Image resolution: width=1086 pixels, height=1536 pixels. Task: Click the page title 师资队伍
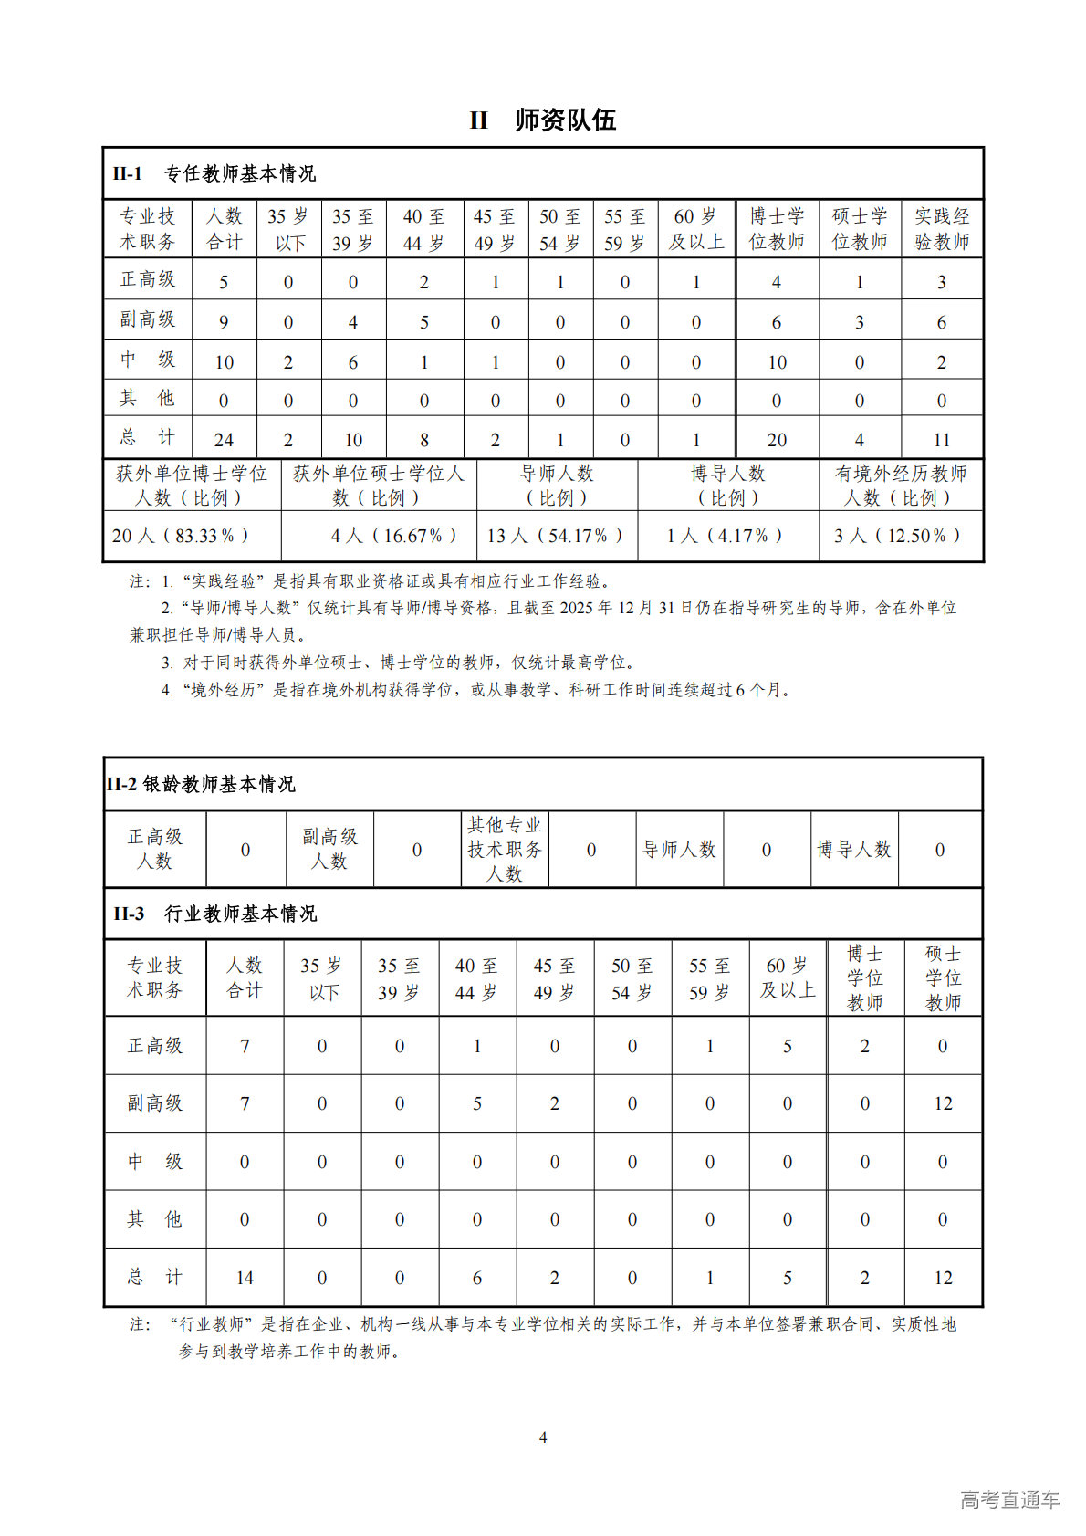[x=565, y=120]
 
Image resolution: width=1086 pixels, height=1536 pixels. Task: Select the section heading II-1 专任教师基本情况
[x=214, y=173]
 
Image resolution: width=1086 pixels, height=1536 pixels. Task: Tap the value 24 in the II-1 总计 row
[x=224, y=439]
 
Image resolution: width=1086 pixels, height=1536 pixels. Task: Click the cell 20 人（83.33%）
[x=181, y=536]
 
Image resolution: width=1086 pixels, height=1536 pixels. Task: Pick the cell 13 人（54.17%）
[x=556, y=536]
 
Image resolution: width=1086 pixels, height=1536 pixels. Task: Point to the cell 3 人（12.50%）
[x=898, y=536]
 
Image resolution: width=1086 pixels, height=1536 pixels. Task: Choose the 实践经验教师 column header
[x=942, y=229]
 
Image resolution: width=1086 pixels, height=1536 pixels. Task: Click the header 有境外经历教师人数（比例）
[x=900, y=486]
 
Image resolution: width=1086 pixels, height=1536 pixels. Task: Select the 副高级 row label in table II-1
[x=148, y=320]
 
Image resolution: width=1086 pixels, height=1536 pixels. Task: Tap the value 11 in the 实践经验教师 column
[x=941, y=439]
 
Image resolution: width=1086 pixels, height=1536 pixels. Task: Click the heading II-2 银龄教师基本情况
[x=201, y=784]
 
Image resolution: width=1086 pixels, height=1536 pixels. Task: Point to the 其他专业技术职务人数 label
[x=504, y=850]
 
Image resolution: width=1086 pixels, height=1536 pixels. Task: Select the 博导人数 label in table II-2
[x=853, y=850]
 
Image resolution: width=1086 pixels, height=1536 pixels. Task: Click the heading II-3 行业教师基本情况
[x=215, y=914]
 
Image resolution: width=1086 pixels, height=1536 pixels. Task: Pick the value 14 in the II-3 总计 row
[x=245, y=1278]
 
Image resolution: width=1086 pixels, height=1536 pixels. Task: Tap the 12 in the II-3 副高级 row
[x=943, y=1103]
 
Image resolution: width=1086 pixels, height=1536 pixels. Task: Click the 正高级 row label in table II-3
[x=155, y=1046]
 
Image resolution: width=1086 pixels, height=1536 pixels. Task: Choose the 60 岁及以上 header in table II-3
[x=788, y=978]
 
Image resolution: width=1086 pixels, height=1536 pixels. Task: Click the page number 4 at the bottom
[x=543, y=1437]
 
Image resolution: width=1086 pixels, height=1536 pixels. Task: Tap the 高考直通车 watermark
[x=1009, y=1499]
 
